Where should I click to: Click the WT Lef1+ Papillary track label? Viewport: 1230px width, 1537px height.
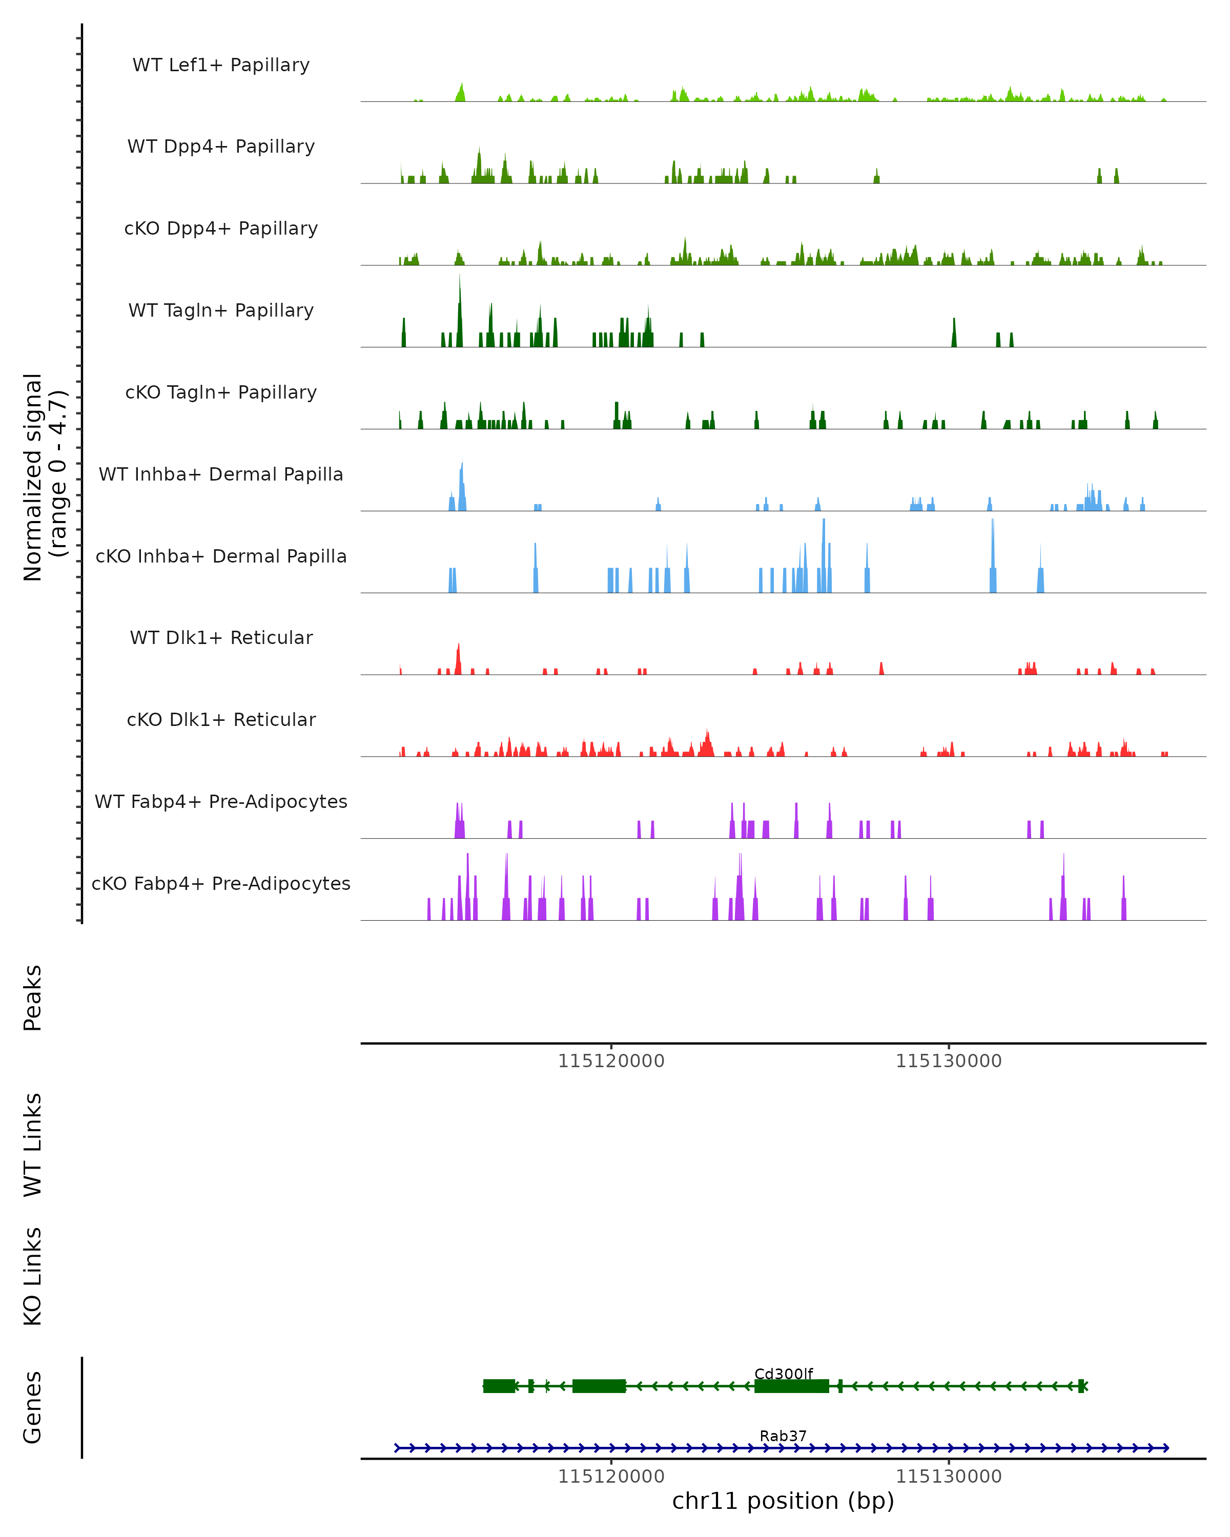coord(221,65)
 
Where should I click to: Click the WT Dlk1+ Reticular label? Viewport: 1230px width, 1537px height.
coord(221,637)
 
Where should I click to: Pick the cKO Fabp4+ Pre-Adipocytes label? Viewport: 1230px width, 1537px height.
coord(221,883)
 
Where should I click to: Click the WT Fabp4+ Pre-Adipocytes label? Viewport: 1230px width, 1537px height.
coord(221,801)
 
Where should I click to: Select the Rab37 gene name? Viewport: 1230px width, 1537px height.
coord(783,1436)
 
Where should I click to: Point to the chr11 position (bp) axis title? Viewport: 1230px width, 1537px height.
coord(783,1501)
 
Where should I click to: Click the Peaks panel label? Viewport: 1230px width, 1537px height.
coord(33,998)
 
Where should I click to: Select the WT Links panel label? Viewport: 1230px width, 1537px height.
coord(33,1144)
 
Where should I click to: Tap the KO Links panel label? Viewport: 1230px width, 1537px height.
coord(33,1276)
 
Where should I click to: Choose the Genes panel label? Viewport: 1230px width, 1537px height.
coord(33,1407)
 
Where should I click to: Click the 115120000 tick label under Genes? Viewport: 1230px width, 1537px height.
coord(611,1477)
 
